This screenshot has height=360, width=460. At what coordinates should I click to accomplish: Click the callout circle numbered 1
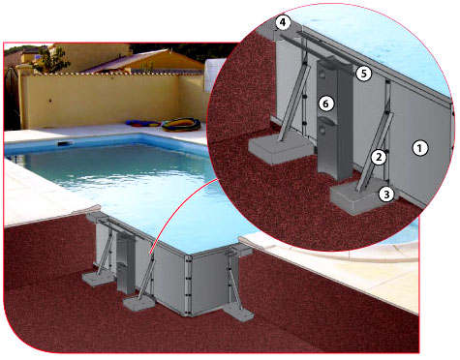tap(419, 148)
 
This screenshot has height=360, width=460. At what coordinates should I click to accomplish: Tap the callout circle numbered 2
tap(379, 158)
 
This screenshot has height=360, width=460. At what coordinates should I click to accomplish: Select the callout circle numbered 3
tap(386, 195)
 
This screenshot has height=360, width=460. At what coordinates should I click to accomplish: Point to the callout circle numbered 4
tap(283, 23)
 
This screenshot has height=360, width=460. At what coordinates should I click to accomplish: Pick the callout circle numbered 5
tap(364, 74)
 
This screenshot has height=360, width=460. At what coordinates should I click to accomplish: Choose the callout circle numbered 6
tap(325, 104)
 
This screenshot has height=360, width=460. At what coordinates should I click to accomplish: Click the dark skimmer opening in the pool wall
tap(63, 144)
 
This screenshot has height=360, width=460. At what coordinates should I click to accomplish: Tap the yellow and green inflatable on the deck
tap(181, 125)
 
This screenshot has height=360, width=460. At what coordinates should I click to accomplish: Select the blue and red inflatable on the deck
tap(142, 124)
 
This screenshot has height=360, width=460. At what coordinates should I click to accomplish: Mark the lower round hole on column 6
tap(322, 130)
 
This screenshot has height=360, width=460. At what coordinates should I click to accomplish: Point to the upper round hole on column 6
tap(322, 75)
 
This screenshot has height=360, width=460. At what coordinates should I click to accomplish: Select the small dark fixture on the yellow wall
tap(49, 101)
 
